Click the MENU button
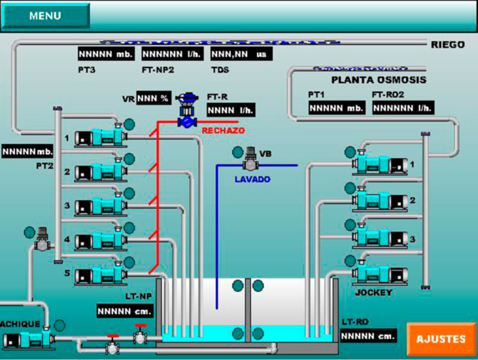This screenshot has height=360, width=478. click(45, 16)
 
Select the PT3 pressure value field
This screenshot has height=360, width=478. click(105, 54)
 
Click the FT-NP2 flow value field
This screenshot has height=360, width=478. click(171, 54)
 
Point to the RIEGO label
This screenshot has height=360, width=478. click(448, 45)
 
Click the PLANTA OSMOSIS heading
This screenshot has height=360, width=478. click(379, 80)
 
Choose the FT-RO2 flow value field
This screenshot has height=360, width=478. click(403, 107)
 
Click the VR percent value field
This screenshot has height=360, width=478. click(154, 98)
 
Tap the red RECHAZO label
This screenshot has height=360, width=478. click(223, 131)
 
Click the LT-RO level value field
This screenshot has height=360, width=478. click(369, 336)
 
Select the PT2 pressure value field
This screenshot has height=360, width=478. click(27, 152)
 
